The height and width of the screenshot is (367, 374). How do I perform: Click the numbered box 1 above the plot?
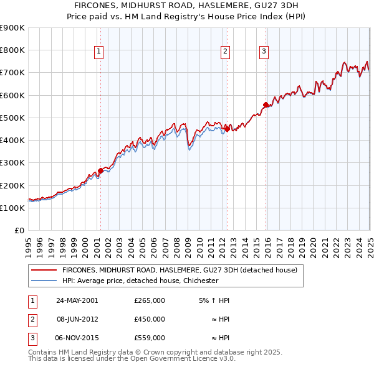click(x=100, y=52)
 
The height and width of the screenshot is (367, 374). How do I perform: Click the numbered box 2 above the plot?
click(x=225, y=52)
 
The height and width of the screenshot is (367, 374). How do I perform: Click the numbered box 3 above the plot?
click(x=264, y=52)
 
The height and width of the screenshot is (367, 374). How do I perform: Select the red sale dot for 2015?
click(x=266, y=105)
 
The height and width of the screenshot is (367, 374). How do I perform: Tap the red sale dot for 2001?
click(x=100, y=171)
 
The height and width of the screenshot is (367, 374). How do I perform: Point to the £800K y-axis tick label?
click(x=12, y=50)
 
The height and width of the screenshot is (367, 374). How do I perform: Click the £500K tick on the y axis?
click(x=12, y=118)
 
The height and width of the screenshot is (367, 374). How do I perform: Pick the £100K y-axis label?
click(x=12, y=208)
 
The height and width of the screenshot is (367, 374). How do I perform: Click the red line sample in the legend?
click(x=44, y=271)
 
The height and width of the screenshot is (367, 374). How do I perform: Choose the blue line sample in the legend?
click(x=44, y=281)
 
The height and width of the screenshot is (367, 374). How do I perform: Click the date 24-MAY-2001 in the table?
click(x=77, y=300)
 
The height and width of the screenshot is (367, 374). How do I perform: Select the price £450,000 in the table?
click(x=150, y=319)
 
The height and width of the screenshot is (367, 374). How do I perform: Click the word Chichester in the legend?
click(x=201, y=281)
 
